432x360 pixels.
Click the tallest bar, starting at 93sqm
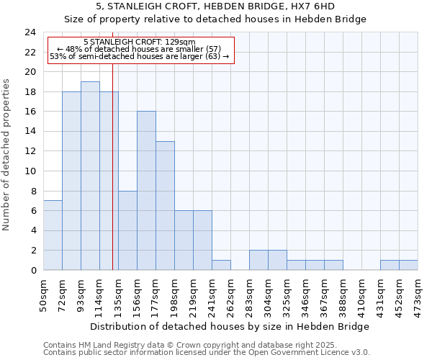click(x=90, y=176)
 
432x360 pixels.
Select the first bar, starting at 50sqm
click(x=53, y=235)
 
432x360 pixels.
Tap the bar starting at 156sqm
click(x=146, y=191)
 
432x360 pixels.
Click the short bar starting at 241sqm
click(x=221, y=265)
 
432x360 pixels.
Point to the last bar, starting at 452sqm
click(x=408, y=265)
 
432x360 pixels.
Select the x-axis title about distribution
click(x=230, y=326)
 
